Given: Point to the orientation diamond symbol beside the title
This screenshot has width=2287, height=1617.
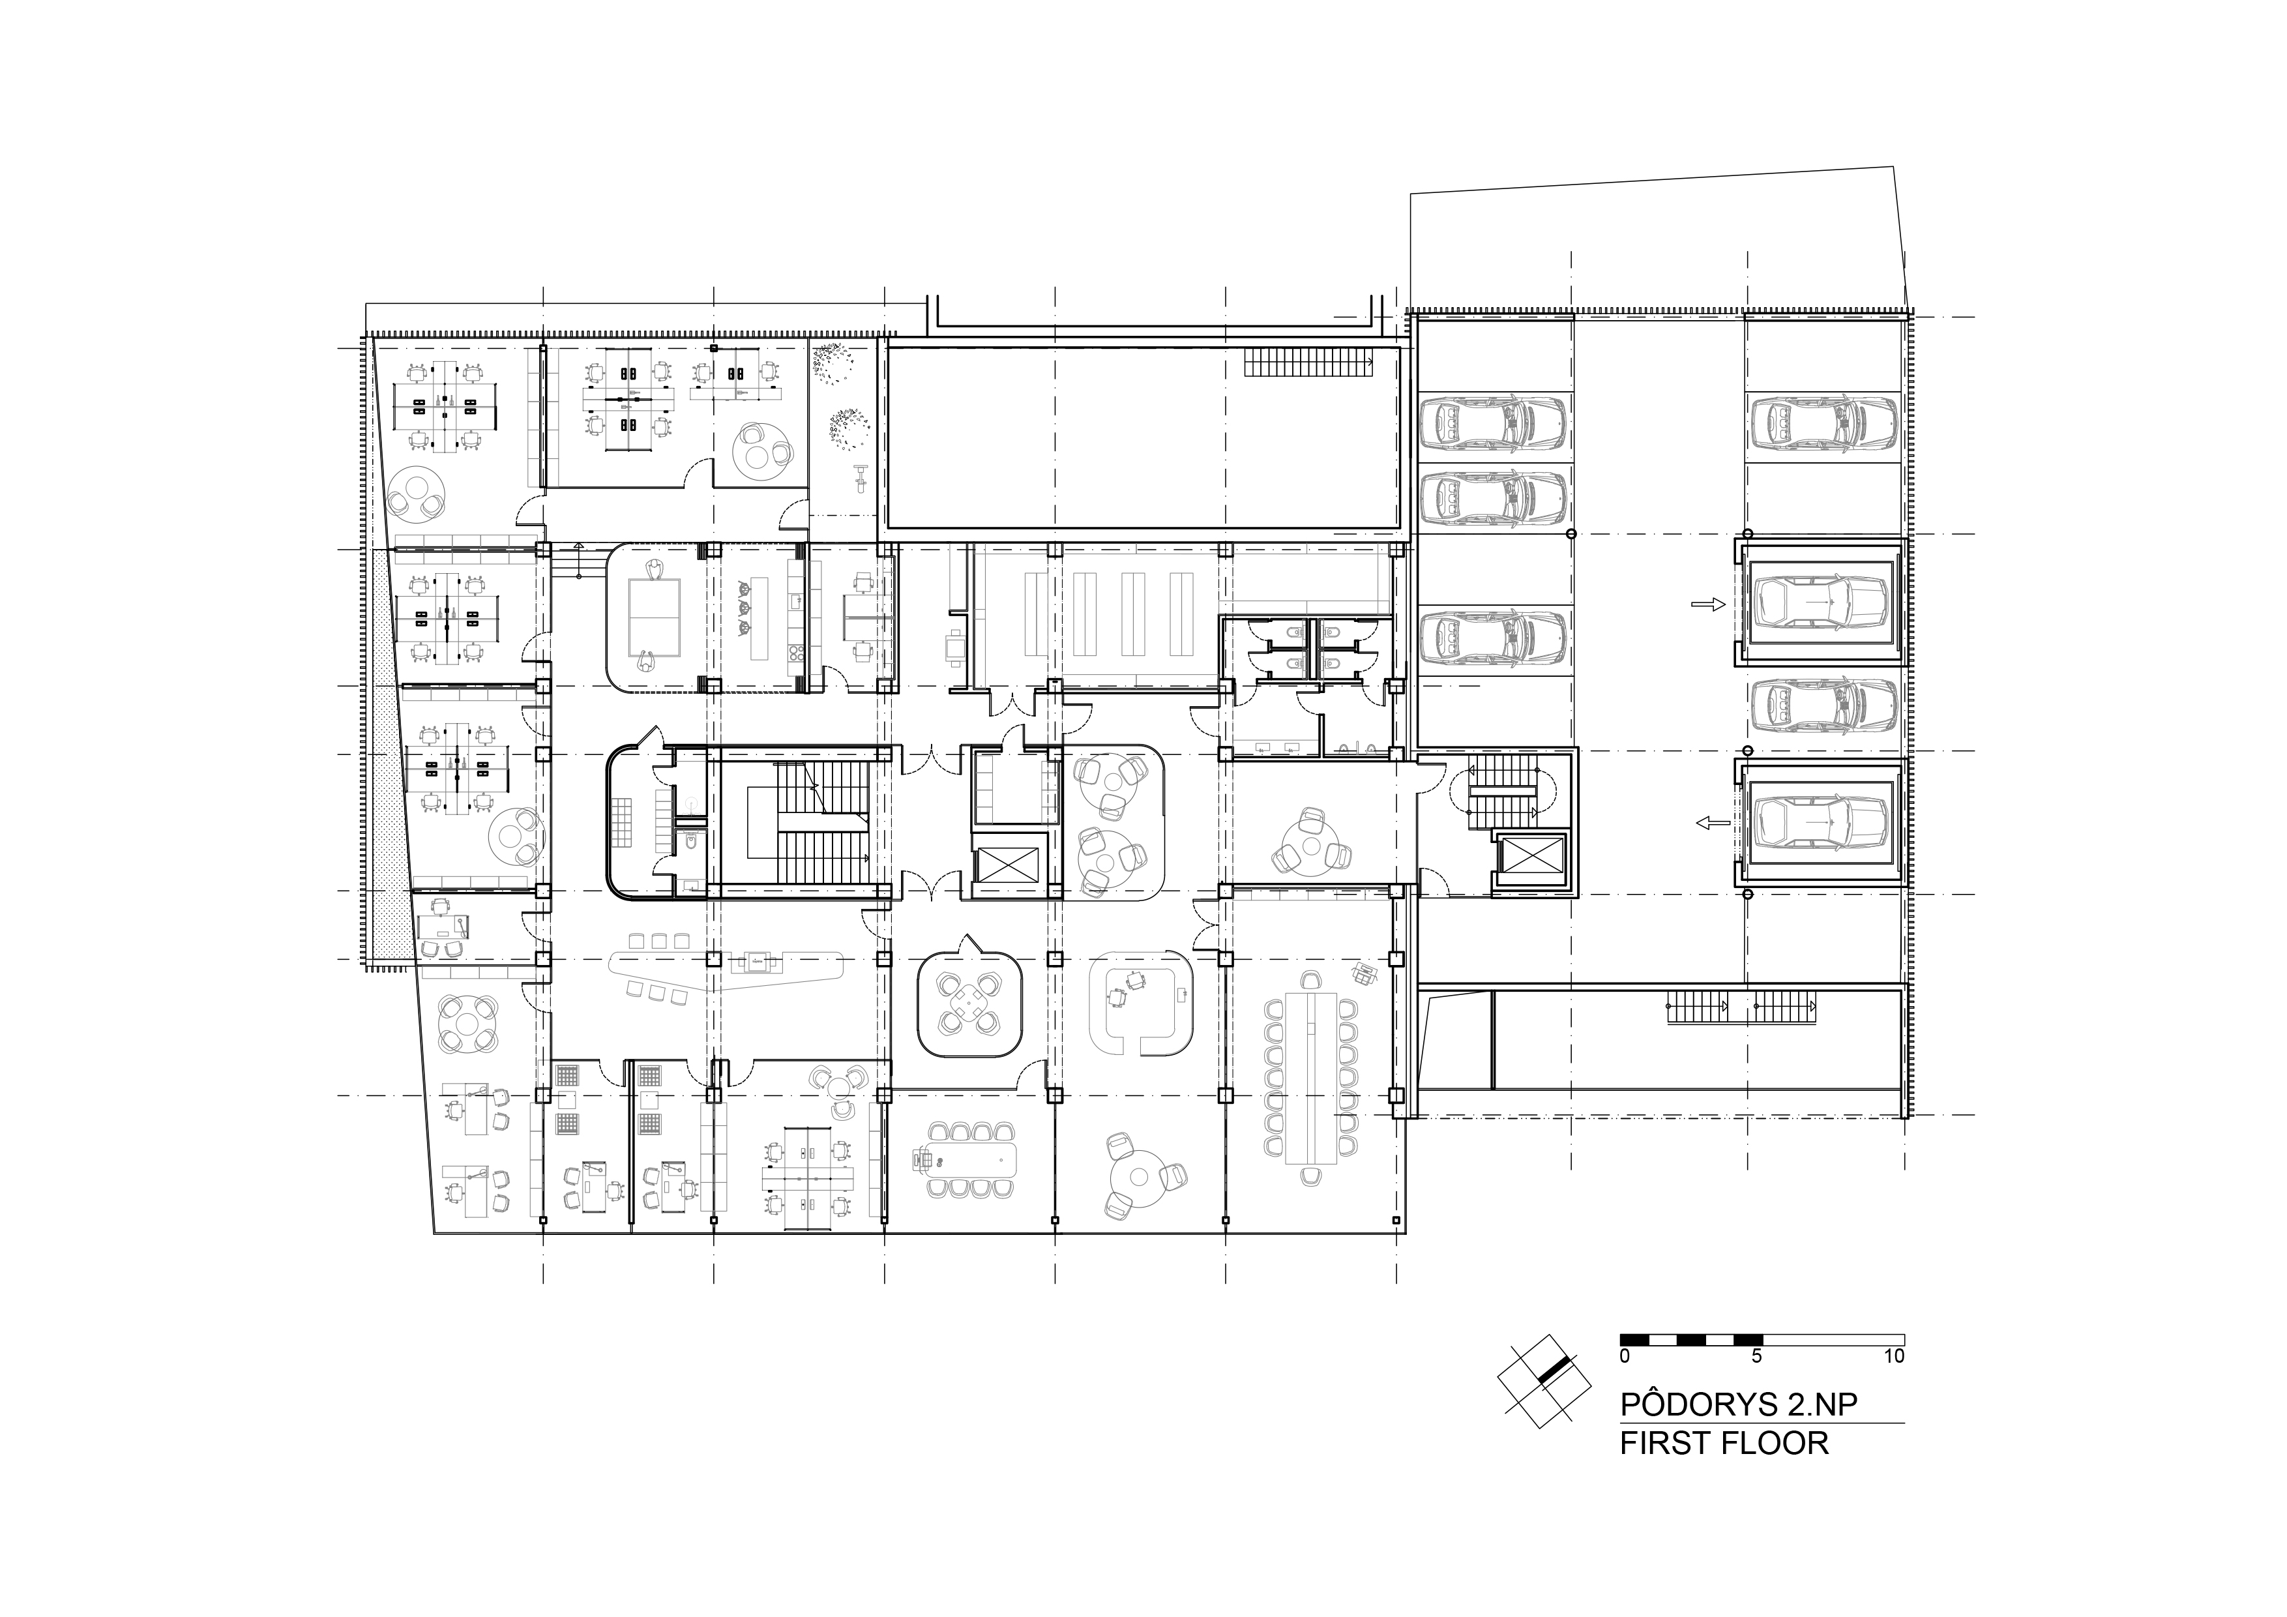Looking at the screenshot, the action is pyautogui.click(x=1544, y=1380).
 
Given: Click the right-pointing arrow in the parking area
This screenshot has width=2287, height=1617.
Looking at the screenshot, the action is pyautogui.click(x=1707, y=604).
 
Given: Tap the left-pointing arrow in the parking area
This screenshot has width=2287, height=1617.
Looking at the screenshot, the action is pyautogui.click(x=1712, y=822).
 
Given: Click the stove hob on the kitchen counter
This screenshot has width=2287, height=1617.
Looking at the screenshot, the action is pyautogui.click(x=796, y=655).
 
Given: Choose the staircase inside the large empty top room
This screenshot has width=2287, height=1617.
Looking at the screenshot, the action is pyautogui.click(x=1308, y=362).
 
